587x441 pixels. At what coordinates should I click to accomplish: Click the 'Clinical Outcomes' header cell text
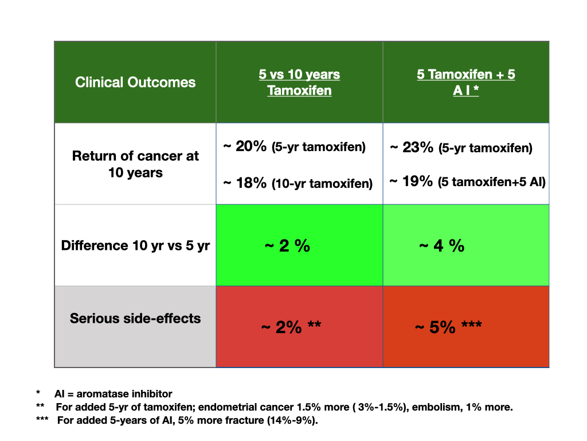[135, 82]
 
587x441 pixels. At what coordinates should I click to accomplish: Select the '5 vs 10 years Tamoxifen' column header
[299, 82]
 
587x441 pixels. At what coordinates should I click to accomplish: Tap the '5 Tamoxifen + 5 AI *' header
[465, 82]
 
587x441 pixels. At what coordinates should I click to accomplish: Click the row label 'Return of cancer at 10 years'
[135, 164]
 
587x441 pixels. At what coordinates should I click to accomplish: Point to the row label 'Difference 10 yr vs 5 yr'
[135, 246]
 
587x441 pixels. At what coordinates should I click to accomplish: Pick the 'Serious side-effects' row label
[135, 318]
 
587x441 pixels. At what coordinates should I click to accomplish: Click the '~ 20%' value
[244, 147]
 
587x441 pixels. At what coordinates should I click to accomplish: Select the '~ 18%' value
[244, 183]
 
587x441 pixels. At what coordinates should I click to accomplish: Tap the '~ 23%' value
[411, 148]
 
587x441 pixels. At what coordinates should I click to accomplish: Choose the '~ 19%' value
[411, 181]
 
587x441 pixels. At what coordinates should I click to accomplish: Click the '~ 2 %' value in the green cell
[287, 246]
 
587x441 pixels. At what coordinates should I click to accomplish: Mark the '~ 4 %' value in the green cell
[441, 246]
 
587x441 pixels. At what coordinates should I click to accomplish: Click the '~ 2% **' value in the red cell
[291, 327]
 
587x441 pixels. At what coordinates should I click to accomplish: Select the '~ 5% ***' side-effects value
[448, 327]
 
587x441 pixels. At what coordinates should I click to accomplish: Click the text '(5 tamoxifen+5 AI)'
[492, 182]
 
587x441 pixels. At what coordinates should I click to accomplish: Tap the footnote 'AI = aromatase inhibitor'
[114, 394]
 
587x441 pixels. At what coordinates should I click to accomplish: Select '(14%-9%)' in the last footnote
[296, 420]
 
